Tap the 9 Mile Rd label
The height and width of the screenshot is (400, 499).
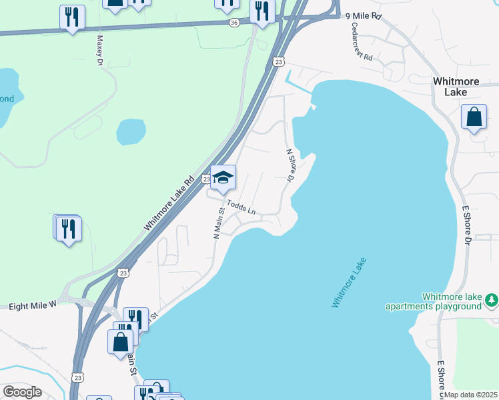click(363, 15)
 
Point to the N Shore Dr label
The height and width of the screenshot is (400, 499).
click(290, 165)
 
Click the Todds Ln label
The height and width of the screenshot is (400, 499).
click(241, 207)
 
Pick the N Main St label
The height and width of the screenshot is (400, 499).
click(217, 223)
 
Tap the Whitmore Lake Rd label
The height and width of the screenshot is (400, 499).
click(169, 203)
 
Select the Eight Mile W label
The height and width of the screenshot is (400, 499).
click(33, 306)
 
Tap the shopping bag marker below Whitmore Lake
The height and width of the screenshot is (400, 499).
click(474, 118)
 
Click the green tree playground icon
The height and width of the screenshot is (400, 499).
click(492, 301)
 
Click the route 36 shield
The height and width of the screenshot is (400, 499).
click(233, 22)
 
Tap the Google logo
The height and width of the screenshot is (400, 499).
click(22, 392)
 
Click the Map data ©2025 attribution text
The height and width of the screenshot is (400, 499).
click(470, 395)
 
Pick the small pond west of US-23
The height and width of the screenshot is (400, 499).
click(131, 131)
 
